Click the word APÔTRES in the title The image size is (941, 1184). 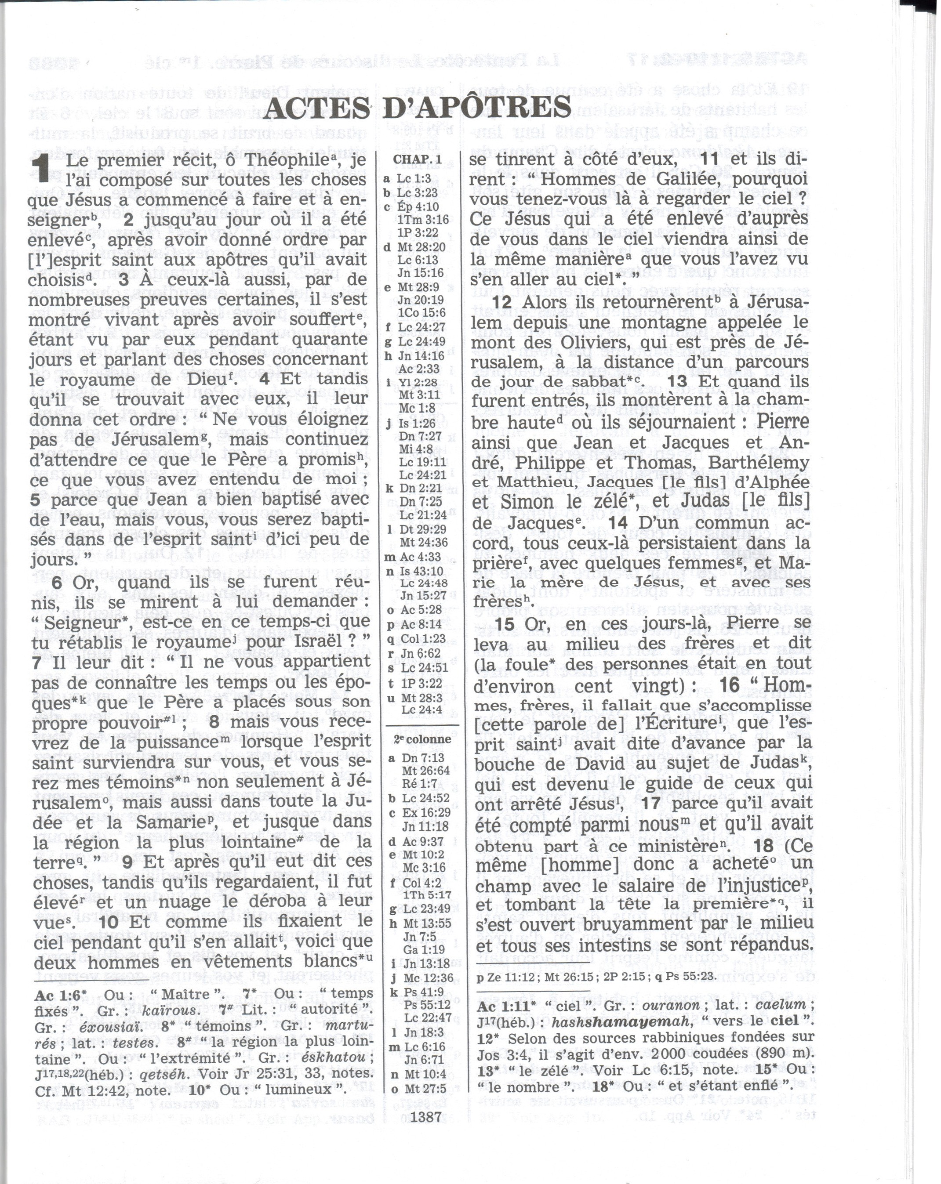[477, 107]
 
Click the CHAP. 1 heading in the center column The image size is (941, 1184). [417, 159]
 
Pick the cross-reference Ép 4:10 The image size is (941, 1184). [418, 207]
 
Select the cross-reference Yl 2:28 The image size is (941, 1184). [418, 382]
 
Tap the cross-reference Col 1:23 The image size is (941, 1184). [421, 639]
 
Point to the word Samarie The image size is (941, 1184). [167, 822]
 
